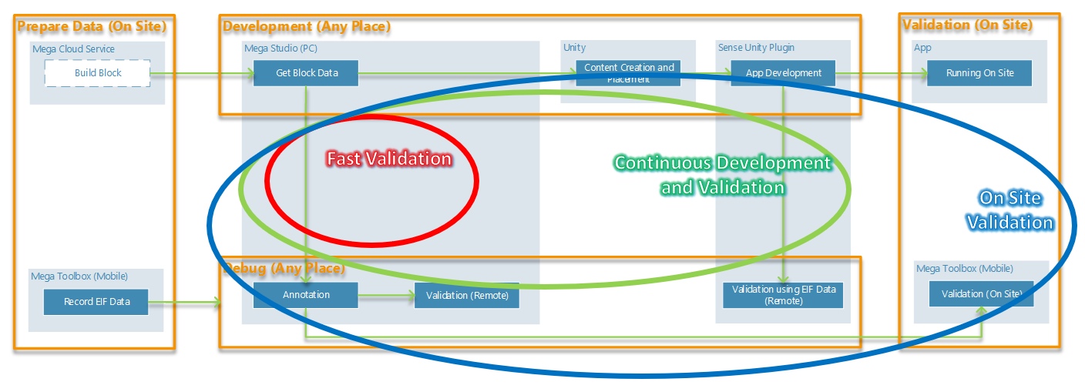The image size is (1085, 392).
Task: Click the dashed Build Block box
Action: (97, 73)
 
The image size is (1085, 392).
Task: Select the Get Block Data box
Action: (306, 73)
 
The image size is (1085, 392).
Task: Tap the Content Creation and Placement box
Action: (628, 73)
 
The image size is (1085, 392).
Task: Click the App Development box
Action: (783, 73)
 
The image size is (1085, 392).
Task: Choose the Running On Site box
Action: (979, 73)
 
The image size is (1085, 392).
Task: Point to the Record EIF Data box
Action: (96, 301)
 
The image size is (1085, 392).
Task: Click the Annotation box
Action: (306, 295)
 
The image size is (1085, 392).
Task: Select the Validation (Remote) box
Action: (467, 296)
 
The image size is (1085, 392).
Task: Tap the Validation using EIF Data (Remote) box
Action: (783, 295)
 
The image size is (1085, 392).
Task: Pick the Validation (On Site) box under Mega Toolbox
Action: (981, 293)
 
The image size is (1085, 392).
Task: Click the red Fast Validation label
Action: (389, 159)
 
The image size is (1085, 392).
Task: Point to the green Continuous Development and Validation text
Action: (722, 175)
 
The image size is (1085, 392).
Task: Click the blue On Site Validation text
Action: (1009, 210)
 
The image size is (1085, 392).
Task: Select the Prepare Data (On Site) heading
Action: (92, 25)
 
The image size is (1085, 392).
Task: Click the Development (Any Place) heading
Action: (307, 26)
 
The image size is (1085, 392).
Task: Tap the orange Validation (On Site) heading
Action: (967, 25)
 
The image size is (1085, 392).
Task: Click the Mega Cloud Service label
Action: (73, 49)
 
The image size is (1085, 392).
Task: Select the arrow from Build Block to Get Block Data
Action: (201, 74)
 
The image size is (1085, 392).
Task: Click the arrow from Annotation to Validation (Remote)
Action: (386, 295)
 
